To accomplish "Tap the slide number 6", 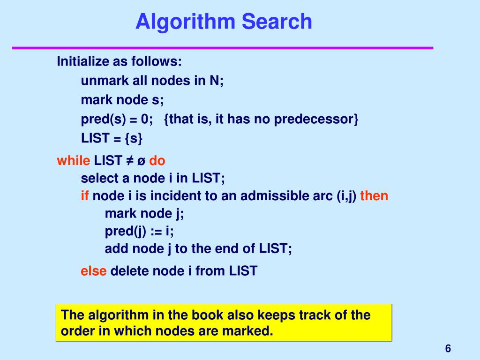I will (x=448, y=348).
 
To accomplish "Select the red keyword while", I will (x=73, y=161).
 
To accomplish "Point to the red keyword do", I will (x=157, y=161).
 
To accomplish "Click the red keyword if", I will (x=85, y=195).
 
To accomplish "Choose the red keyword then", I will (x=374, y=195).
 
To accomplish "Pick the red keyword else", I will (x=94, y=270).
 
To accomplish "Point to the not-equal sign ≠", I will (x=129, y=161).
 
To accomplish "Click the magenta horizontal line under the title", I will (x=222, y=48).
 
